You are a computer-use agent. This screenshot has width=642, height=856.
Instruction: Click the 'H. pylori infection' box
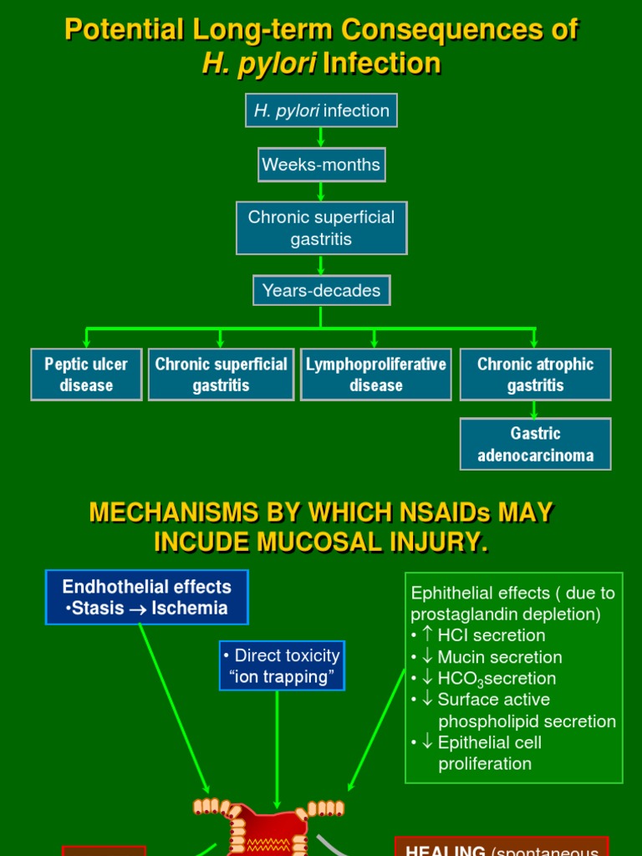point(321,110)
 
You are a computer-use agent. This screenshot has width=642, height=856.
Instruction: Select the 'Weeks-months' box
point(321,165)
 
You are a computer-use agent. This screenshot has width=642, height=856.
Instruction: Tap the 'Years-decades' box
point(321,291)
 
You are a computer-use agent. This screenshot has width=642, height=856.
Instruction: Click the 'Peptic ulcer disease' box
point(86,374)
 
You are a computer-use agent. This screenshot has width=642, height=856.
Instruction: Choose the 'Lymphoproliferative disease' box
point(375,374)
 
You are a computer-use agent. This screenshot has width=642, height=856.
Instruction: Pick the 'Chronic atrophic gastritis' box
point(535,374)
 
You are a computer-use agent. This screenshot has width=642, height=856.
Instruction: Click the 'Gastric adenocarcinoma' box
point(535,444)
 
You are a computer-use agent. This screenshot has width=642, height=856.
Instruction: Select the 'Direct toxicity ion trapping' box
point(282,666)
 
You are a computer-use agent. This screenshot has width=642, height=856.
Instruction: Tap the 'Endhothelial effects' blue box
point(146,598)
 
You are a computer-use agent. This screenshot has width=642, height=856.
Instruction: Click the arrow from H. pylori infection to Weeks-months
point(321,138)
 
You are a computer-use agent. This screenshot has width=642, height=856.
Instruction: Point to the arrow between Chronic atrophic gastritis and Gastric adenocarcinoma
point(535,410)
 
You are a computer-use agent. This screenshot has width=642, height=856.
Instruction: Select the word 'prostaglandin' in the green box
point(461,614)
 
